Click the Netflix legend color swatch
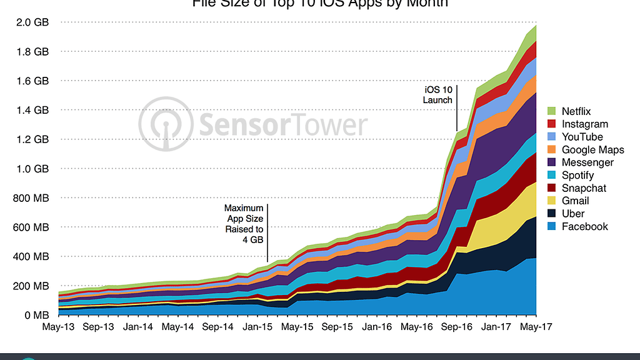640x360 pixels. [x=552, y=111]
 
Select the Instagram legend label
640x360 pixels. [x=584, y=124]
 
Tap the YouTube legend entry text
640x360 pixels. [x=582, y=137]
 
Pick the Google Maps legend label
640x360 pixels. [x=592, y=150]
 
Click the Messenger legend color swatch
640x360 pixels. [x=552, y=162]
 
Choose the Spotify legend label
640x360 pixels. [x=577, y=176]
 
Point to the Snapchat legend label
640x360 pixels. [x=584, y=188]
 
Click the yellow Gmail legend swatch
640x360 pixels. [x=552, y=201]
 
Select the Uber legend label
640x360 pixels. [x=573, y=214]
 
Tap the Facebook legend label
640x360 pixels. [x=584, y=227]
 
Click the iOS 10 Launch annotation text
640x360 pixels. [x=437, y=95]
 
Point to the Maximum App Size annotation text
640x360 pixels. [x=244, y=223]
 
